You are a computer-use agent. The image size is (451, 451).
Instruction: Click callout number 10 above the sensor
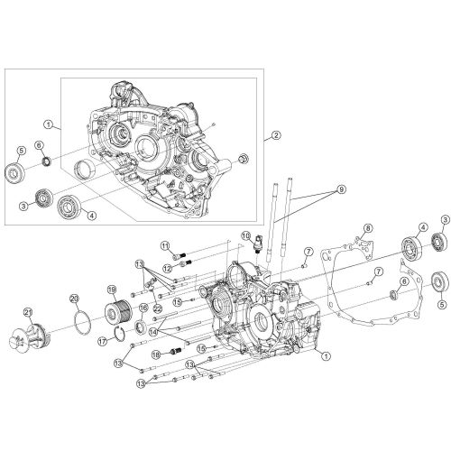click(x=244, y=236)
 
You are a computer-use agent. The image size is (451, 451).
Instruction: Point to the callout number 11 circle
click(x=165, y=246)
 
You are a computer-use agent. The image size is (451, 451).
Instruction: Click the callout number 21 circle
click(x=28, y=313)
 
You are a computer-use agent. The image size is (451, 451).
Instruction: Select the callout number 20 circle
click(x=75, y=299)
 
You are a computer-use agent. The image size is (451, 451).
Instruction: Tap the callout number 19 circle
click(x=113, y=290)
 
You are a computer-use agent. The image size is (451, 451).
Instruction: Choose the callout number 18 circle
click(x=155, y=355)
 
